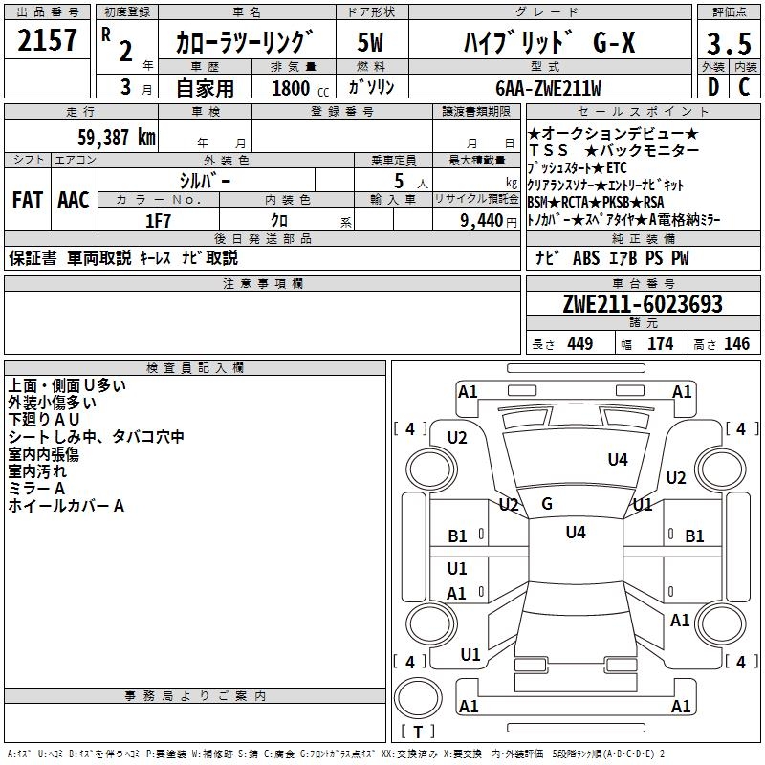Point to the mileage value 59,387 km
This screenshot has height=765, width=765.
[116, 137]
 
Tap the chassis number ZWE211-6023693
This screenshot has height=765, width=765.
[642, 304]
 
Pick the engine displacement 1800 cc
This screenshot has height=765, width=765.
[293, 88]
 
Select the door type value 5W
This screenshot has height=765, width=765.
[370, 42]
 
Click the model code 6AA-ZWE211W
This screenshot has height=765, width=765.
[548, 88]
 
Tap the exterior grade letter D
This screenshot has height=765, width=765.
[711, 88]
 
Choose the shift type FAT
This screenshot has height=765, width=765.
[27, 200]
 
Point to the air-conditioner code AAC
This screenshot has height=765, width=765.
[73, 200]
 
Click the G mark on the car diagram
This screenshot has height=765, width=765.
[547, 504]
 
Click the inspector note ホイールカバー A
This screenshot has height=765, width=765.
[66, 506]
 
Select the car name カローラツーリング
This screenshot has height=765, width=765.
[245, 42]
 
